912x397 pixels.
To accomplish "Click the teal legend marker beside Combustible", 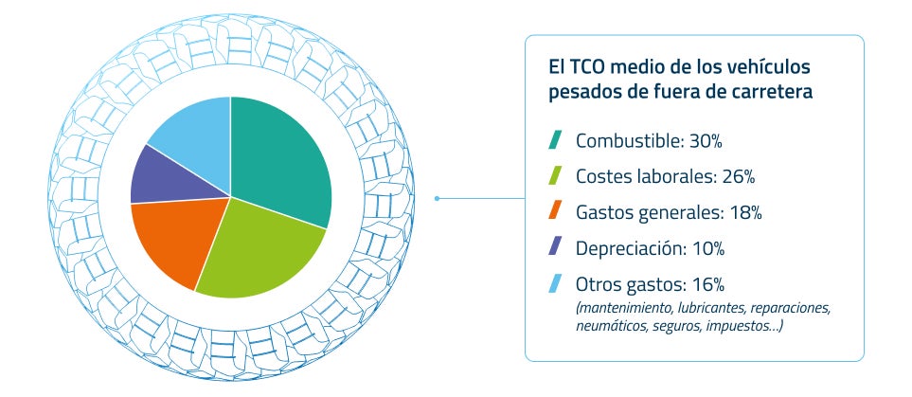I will pyautogui.click(x=556, y=140).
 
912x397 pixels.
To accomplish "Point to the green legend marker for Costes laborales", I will pyautogui.click(x=556, y=176).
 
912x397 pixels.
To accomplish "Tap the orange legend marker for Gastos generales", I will pyautogui.click(x=556, y=211).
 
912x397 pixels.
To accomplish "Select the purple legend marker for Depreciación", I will pyautogui.click(x=556, y=247).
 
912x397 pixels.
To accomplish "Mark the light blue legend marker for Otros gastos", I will pyautogui.click(x=556, y=282).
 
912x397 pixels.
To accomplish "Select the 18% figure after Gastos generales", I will pyautogui.click(x=744, y=212).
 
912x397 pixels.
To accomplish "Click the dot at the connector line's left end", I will pyautogui.click(x=437, y=199).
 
